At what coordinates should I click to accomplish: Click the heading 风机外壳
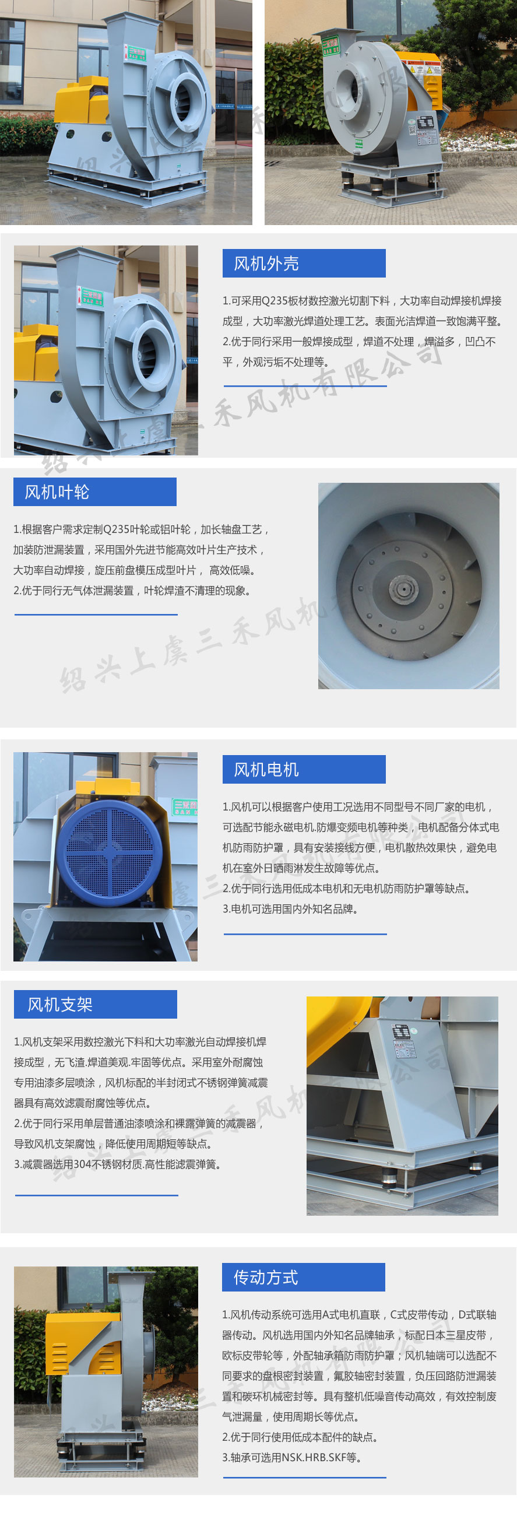click(266, 263)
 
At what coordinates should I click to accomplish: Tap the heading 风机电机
click(266, 769)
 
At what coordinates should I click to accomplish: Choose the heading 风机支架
click(60, 1004)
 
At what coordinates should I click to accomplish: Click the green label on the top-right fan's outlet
click(330, 45)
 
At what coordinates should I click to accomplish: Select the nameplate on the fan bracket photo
click(402, 1040)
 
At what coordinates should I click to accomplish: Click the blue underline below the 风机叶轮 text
click(96, 615)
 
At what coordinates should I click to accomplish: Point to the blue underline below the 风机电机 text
click(305, 934)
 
